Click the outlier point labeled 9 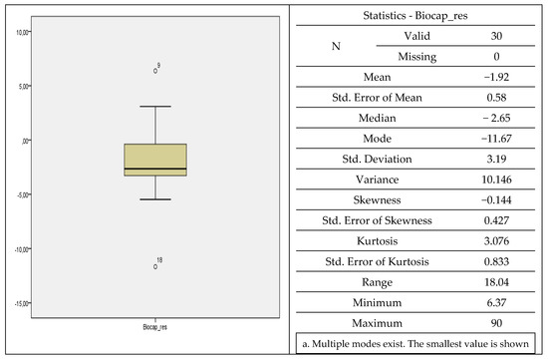pyautogui.click(x=155, y=71)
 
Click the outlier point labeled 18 pyautogui.click(x=155, y=266)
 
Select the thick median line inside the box pyautogui.click(x=155, y=170)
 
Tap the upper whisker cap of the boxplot pyautogui.click(x=155, y=106)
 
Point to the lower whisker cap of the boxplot pyautogui.click(x=155, y=199)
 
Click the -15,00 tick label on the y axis pyautogui.click(x=19, y=303)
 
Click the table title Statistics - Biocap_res pyautogui.click(x=416, y=16)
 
